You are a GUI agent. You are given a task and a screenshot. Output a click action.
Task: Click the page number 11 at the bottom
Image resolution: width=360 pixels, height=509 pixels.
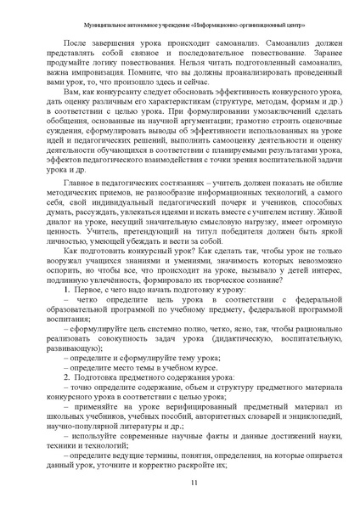tap(180, 484)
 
